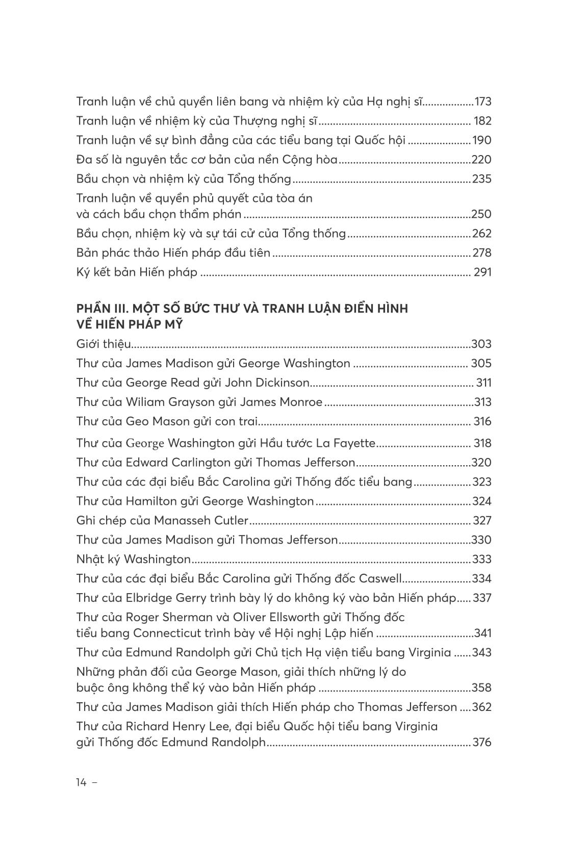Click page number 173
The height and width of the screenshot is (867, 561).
tap(482, 101)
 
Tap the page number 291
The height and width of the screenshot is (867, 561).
tap(482, 272)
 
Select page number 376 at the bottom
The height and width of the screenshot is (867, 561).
tap(482, 742)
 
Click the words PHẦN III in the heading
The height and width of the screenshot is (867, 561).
tap(99, 309)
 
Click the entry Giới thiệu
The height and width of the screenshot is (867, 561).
tap(104, 344)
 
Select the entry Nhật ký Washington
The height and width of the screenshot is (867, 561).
tap(133, 559)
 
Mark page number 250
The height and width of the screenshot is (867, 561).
tap(482, 214)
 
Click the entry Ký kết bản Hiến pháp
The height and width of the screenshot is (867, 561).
tap(137, 272)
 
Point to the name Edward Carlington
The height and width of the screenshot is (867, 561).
tap(178, 462)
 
